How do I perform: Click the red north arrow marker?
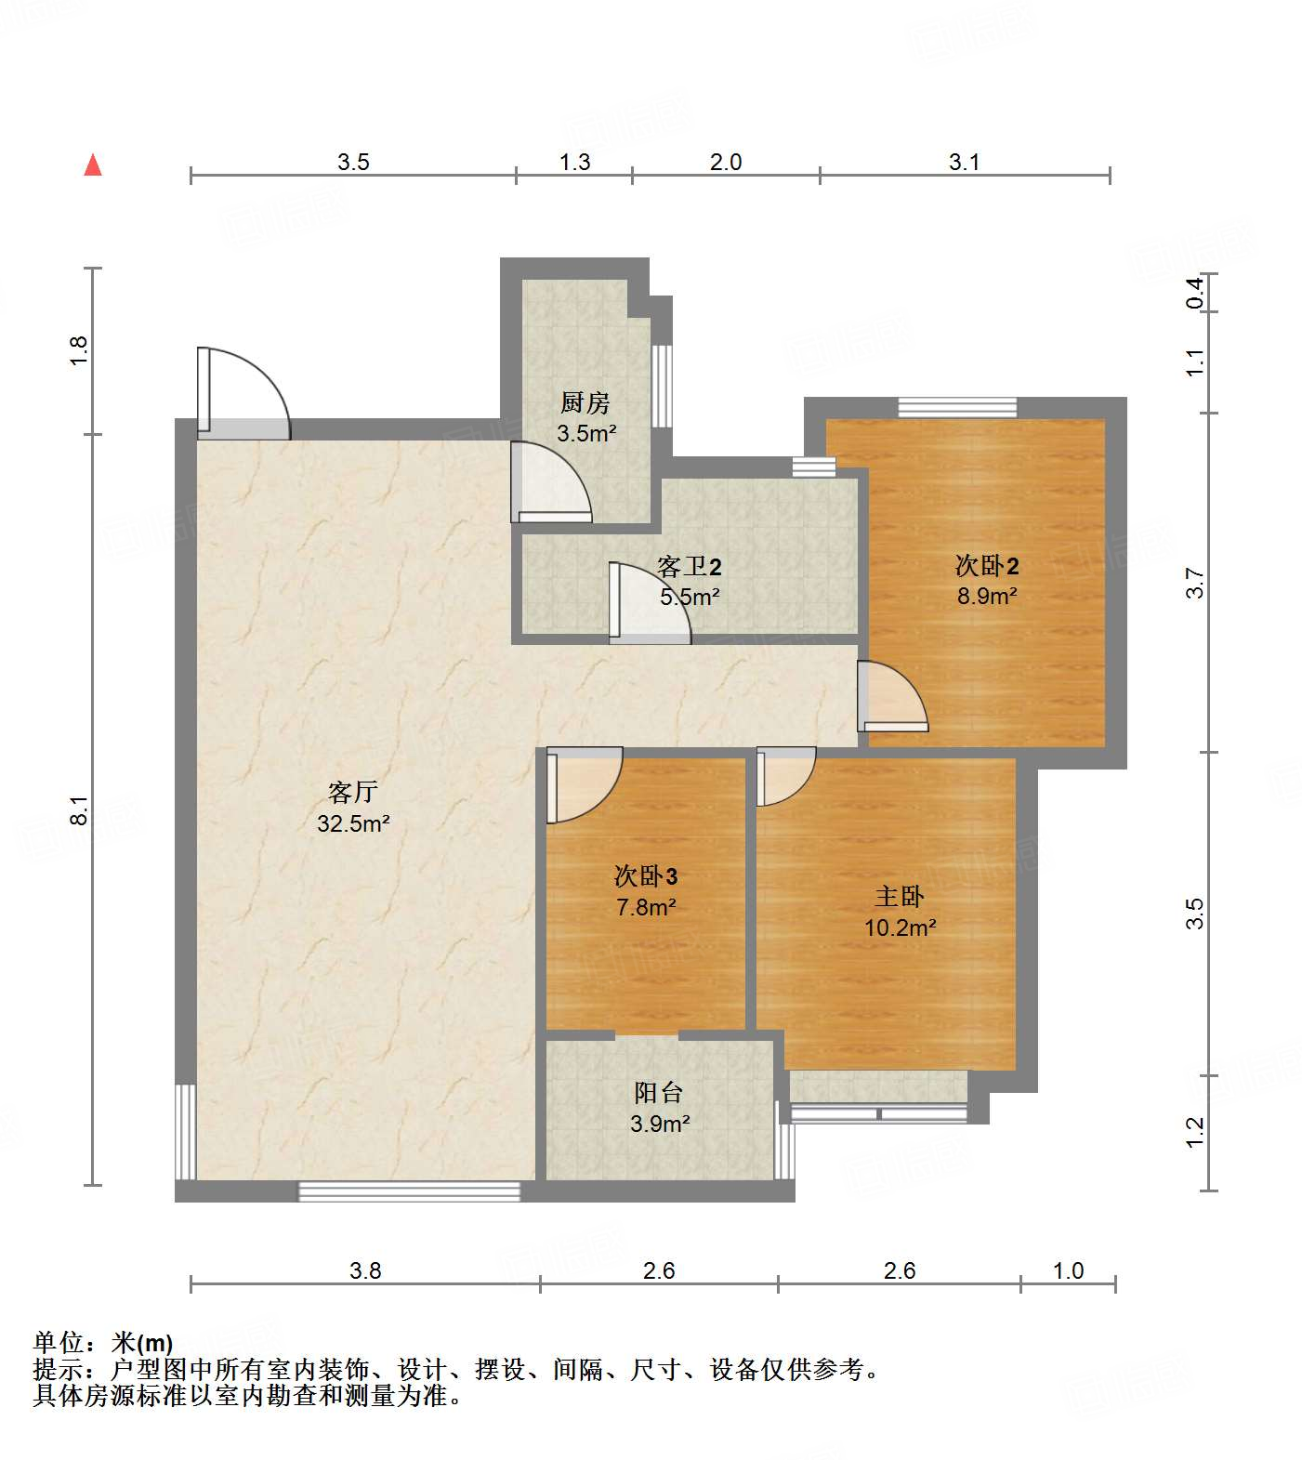93,164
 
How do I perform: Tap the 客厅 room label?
353,792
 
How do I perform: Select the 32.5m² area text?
353,823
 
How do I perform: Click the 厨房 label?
585,402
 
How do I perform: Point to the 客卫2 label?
690,566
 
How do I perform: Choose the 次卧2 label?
987,565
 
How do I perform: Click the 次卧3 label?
646,875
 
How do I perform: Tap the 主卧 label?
900,896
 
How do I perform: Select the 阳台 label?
659,1092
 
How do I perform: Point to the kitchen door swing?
551,481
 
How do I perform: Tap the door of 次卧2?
892,696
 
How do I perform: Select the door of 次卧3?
585,785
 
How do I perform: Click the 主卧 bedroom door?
786,776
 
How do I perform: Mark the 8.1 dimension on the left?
80,809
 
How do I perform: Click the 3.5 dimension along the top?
353,163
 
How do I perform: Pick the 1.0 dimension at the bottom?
1069,1270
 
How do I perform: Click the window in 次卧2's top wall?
957,407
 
